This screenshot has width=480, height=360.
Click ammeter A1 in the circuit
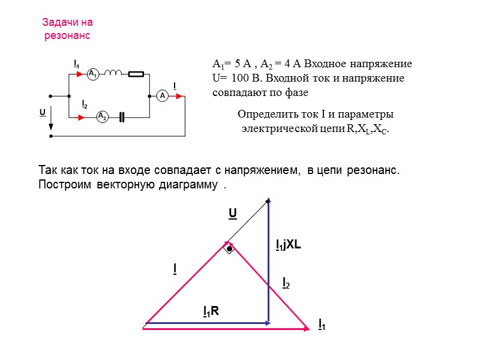pyautogui.click(x=92, y=74)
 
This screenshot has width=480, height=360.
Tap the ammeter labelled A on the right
pyautogui.click(x=161, y=95)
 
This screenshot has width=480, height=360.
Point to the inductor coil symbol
pyautogui.click(x=113, y=74)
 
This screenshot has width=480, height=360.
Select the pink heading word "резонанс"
pyautogui.click(x=67, y=36)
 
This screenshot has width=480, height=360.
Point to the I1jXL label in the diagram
pyautogui.click(x=288, y=245)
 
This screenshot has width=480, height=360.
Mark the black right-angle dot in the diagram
pyautogui.click(x=229, y=247)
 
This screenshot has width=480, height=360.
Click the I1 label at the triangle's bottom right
pyautogui.click(x=322, y=325)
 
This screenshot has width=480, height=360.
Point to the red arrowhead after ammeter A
pyautogui.click(x=178, y=95)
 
